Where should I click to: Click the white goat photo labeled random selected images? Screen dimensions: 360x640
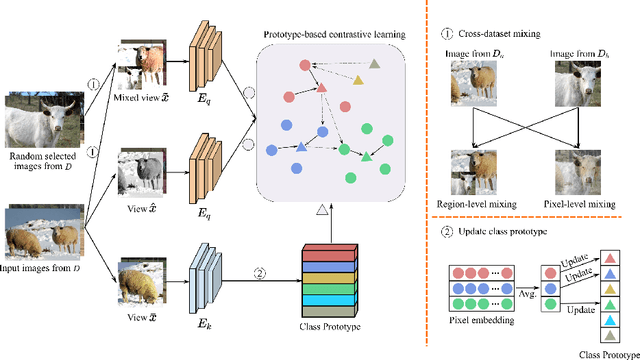click(x=43, y=122)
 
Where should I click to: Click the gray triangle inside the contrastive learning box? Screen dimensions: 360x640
click(x=374, y=64)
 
